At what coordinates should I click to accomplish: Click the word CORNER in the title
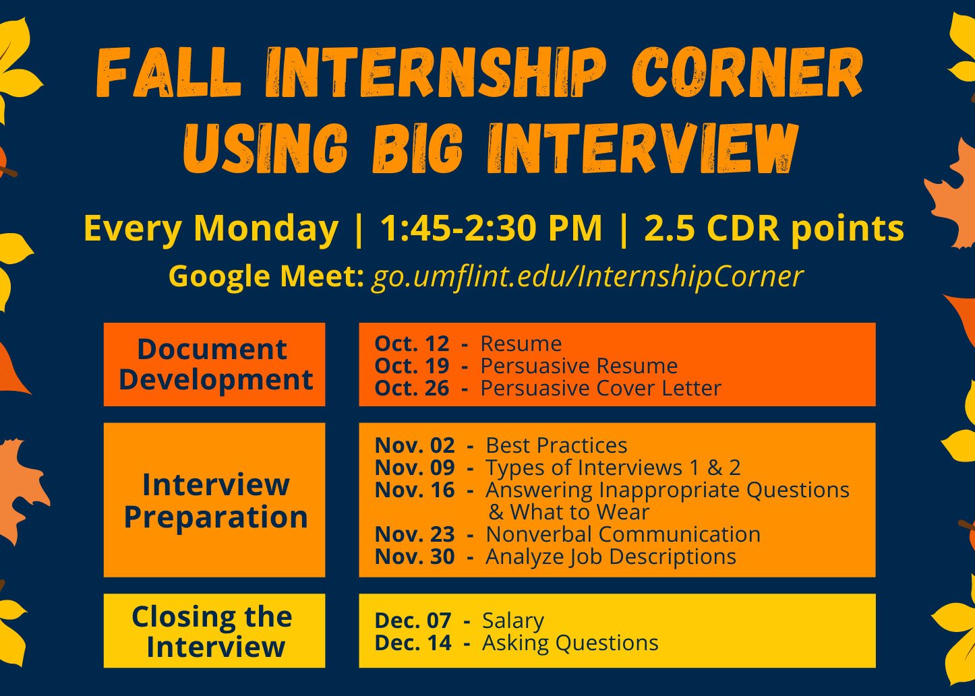pyautogui.click(x=747, y=73)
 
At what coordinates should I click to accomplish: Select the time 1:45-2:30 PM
pyautogui.click(x=492, y=228)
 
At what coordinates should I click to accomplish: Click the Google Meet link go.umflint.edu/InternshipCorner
pyautogui.click(x=587, y=276)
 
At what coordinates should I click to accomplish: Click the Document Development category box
pyautogui.click(x=214, y=364)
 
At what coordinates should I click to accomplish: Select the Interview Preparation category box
pyautogui.click(x=214, y=500)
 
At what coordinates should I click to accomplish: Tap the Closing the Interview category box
pyautogui.click(x=214, y=631)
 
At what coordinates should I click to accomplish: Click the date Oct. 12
pyautogui.click(x=412, y=344)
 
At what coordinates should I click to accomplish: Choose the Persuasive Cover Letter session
pyautogui.click(x=601, y=389)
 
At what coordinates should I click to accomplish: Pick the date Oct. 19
pyautogui.click(x=412, y=366)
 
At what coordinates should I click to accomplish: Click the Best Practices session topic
pyautogui.click(x=556, y=445)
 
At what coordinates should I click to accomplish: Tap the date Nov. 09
pyautogui.click(x=415, y=468)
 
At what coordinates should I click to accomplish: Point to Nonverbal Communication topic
pyautogui.click(x=623, y=534)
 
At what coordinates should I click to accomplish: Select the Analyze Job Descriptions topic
pyautogui.click(x=611, y=557)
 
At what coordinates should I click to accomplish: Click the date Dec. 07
pyautogui.click(x=413, y=621)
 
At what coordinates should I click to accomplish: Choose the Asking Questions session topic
pyautogui.click(x=570, y=643)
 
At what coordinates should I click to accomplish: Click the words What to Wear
pyautogui.click(x=580, y=512)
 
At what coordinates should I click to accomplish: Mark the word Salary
pyautogui.click(x=513, y=621)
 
